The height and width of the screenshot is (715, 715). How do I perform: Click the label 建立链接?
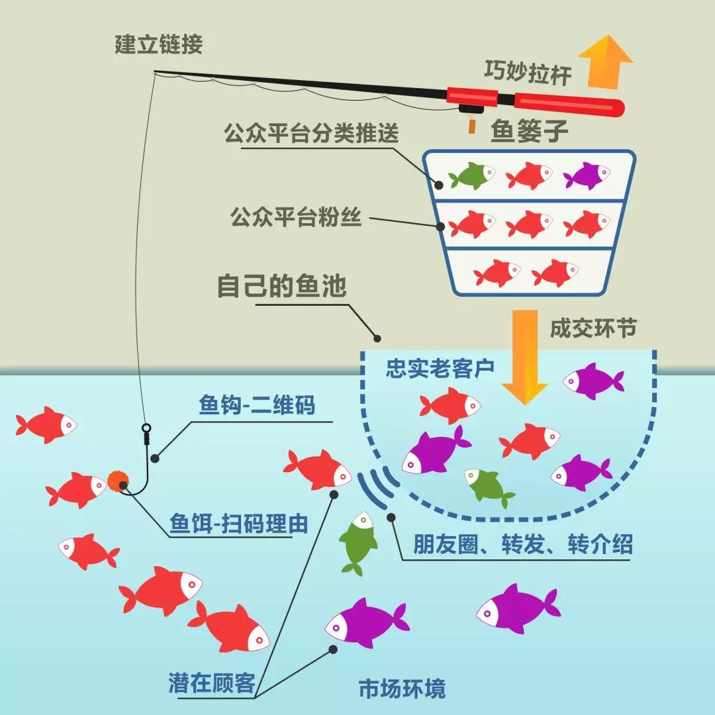(x=158, y=45)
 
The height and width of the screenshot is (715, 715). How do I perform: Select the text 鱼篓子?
(x=529, y=131)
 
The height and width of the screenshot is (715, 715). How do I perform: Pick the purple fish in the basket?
(x=586, y=175)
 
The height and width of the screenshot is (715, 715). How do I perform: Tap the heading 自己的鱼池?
(x=282, y=287)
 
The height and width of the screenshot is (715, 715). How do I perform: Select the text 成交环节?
(x=593, y=330)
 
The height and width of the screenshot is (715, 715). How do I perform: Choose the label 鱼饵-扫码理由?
(x=239, y=524)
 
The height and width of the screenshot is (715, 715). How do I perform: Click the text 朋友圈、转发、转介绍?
(x=523, y=544)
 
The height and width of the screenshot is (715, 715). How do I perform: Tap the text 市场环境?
(x=402, y=689)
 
